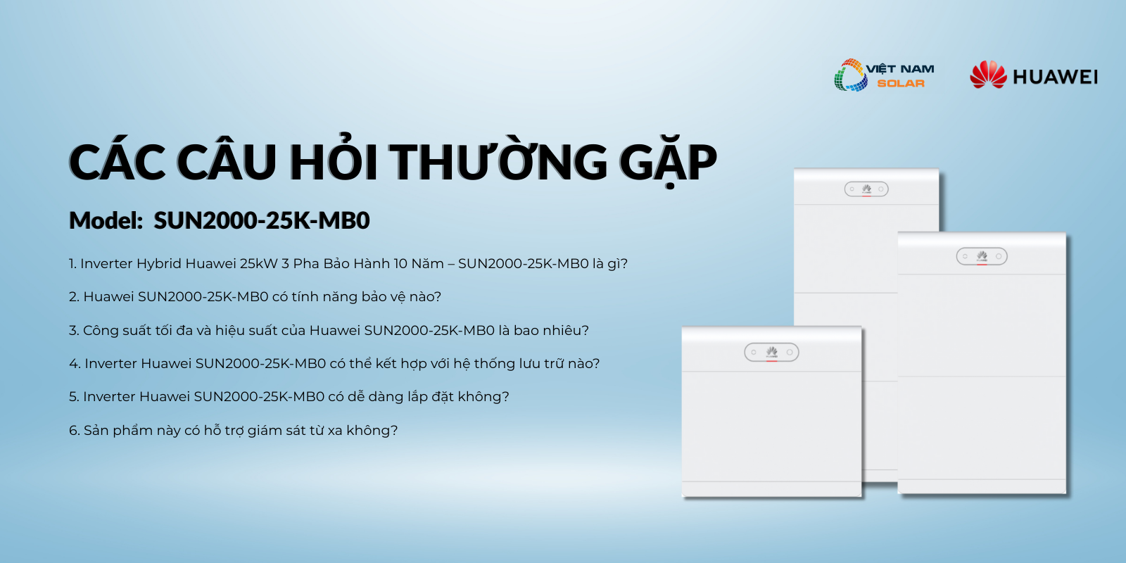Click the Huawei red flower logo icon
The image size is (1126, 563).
pos(988,75)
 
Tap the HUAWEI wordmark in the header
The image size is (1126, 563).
pos(1055,77)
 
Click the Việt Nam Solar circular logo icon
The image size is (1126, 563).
pos(850,75)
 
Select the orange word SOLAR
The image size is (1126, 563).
pos(901,84)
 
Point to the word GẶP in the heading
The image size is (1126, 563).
pos(668,162)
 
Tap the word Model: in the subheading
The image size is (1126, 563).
pos(106,220)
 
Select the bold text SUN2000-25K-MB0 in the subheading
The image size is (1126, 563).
pos(261,220)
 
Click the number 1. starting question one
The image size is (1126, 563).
pos(72,263)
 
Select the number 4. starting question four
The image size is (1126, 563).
pos(75,363)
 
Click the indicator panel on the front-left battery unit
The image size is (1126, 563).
pos(771,352)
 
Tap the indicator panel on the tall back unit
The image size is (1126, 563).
pos(866,189)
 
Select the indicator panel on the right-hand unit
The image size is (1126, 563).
pos(982,256)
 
